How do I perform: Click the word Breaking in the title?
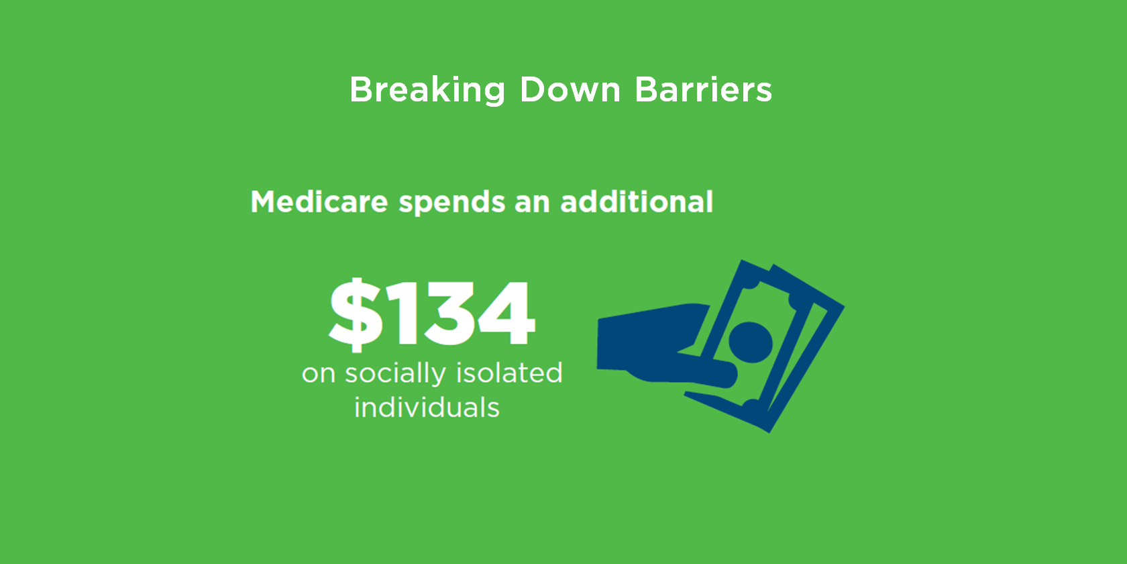(427, 90)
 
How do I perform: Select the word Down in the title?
(570, 90)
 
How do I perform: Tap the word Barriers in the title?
(704, 90)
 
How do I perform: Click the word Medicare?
(319, 201)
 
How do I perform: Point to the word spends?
(452, 203)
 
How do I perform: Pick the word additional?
(637, 201)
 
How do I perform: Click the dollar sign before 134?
(356, 314)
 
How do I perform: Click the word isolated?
(509, 373)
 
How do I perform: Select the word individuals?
(427, 408)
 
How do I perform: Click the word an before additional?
(532, 203)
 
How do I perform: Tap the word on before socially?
(318, 374)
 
